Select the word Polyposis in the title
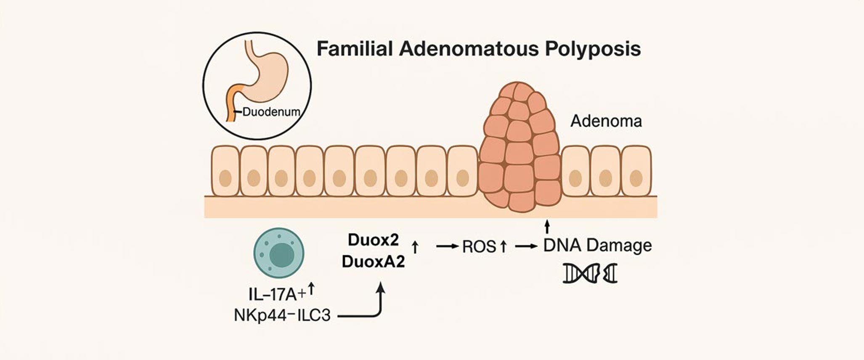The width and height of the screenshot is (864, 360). click(x=593, y=50)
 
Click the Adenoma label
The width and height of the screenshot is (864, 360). click(x=606, y=122)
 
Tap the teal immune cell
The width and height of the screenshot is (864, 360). click(x=278, y=253)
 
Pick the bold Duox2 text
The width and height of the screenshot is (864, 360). click(x=373, y=240)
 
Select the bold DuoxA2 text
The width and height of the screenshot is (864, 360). click(x=373, y=262)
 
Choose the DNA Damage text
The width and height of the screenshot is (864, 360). click(x=597, y=245)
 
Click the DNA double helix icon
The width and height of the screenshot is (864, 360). click(x=590, y=273)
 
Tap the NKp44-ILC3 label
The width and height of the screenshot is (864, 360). click(x=282, y=315)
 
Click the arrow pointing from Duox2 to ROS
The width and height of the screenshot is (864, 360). click(x=447, y=246)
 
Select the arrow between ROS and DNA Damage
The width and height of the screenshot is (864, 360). click(x=526, y=246)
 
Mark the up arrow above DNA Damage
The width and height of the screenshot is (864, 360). click(x=547, y=226)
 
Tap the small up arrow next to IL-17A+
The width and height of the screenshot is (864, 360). click(x=311, y=289)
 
